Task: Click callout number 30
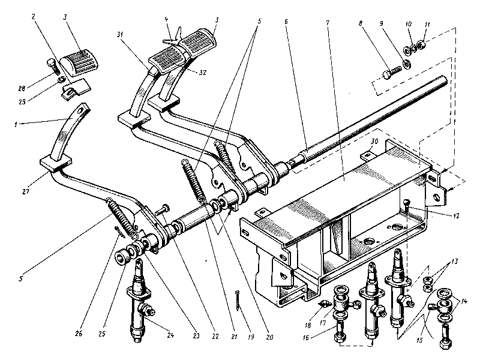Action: coord(373,143)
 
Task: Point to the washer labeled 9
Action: coord(407,65)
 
